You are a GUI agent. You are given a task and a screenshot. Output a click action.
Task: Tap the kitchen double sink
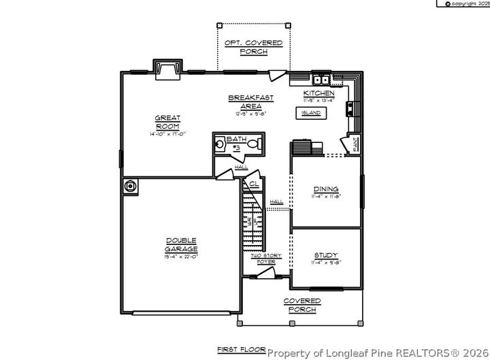(321, 78)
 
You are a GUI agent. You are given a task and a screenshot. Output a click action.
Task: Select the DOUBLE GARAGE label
(180, 244)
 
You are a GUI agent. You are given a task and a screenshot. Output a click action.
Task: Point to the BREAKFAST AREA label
(246, 101)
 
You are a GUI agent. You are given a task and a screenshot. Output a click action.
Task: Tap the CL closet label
(253, 184)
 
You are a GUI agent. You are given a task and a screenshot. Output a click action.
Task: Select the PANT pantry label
(354, 144)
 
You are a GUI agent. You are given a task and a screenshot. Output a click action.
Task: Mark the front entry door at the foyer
(262, 274)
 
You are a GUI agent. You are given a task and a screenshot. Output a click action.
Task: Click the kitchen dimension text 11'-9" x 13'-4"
(318, 99)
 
